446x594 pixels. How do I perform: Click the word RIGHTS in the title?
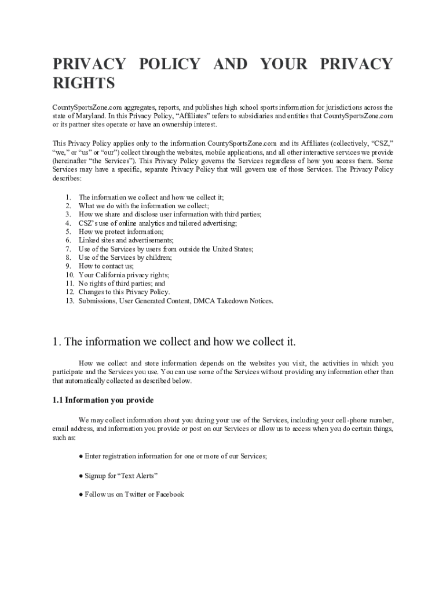(x=84, y=84)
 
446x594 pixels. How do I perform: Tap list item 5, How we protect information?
(x=121, y=231)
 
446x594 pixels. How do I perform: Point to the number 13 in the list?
(x=69, y=301)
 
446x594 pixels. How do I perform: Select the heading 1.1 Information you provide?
(x=103, y=400)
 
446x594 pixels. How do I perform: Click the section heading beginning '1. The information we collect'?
(x=174, y=342)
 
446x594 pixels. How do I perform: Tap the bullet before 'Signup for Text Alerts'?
(x=81, y=476)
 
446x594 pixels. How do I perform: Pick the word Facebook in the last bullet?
(x=170, y=494)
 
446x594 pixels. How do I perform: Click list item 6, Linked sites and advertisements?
(x=126, y=240)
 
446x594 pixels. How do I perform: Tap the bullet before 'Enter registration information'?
(x=81, y=457)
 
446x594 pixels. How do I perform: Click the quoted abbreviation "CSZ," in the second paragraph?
(x=379, y=143)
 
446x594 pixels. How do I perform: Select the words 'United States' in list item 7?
(x=232, y=249)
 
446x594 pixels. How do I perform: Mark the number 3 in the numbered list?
(x=68, y=214)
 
